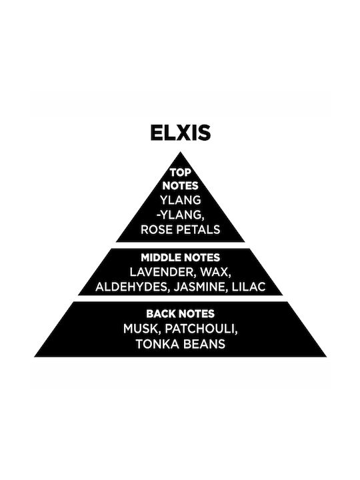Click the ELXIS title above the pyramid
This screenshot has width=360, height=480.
point(181,132)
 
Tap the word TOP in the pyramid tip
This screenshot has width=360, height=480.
point(181,173)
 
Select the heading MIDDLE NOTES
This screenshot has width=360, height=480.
point(180,257)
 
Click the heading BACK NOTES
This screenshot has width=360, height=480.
point(180,314)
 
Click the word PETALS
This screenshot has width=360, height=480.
point(200,229)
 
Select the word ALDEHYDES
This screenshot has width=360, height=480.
point(132,287)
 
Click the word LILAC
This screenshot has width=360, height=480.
point(249,287)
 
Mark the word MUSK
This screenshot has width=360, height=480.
point(142,329)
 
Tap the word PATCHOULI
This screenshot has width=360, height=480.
point(201,329)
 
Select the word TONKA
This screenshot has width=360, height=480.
point(158,344)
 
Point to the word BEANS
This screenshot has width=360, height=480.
point(204,344)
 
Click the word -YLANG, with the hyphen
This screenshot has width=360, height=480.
point(180,215)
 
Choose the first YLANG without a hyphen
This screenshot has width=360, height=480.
point(181,200)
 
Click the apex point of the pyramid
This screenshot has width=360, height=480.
point(180,152)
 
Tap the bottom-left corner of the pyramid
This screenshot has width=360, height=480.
point(34,357)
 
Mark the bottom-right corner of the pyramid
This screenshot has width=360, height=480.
point(326,357)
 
